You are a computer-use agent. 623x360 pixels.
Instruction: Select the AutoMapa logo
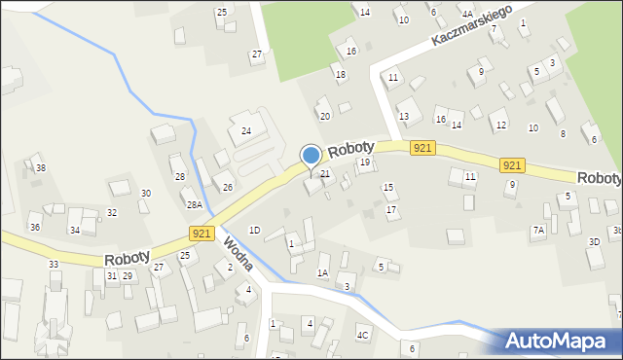(559, 341)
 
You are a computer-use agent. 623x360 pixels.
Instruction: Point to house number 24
(246, 130)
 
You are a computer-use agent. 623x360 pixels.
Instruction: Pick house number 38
(40, 168)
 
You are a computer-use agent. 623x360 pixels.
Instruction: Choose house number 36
(35, 228)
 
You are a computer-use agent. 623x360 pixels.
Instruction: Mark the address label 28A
(195, 205)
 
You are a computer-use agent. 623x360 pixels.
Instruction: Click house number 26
(228, 187)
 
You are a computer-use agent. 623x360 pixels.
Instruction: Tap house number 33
(54, 265)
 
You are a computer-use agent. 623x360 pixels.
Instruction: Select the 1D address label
(254, 231)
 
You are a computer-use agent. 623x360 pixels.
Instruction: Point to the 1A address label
(322, 273)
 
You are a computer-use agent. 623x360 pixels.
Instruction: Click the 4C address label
(362, 336)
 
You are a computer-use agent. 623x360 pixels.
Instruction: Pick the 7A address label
(538, 231)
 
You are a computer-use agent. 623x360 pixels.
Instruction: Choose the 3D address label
(594, 241)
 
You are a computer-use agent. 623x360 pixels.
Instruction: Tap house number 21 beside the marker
(326, 174)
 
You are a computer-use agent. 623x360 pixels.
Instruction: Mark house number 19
(365, 162)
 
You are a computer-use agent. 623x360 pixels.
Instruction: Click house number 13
(403, 117)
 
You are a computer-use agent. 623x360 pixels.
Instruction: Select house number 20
(325, 117)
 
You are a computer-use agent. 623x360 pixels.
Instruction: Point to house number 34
(75, 231)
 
